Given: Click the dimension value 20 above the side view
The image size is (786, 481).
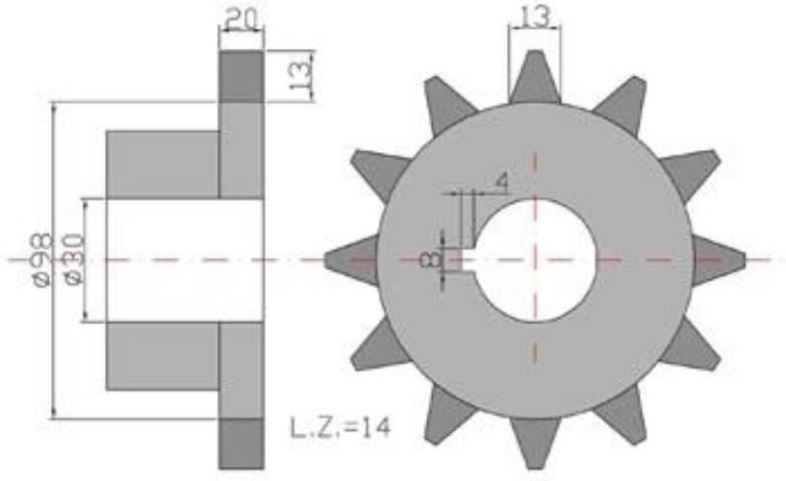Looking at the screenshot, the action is (x=241, y=19).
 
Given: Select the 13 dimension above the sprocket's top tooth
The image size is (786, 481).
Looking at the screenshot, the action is (x=535, y=16).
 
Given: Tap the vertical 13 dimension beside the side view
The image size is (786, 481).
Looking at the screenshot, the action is (x=300, y=75).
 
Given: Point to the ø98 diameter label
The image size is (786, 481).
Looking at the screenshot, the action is (x=41, y=259).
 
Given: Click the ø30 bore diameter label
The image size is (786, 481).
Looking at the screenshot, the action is (x=73, y=259).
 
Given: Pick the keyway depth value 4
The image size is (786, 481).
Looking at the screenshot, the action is (x=501, y=183).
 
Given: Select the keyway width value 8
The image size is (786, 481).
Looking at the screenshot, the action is (x=431, y=260).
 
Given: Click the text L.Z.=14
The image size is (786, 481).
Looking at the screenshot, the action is (x=340, y=427).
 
